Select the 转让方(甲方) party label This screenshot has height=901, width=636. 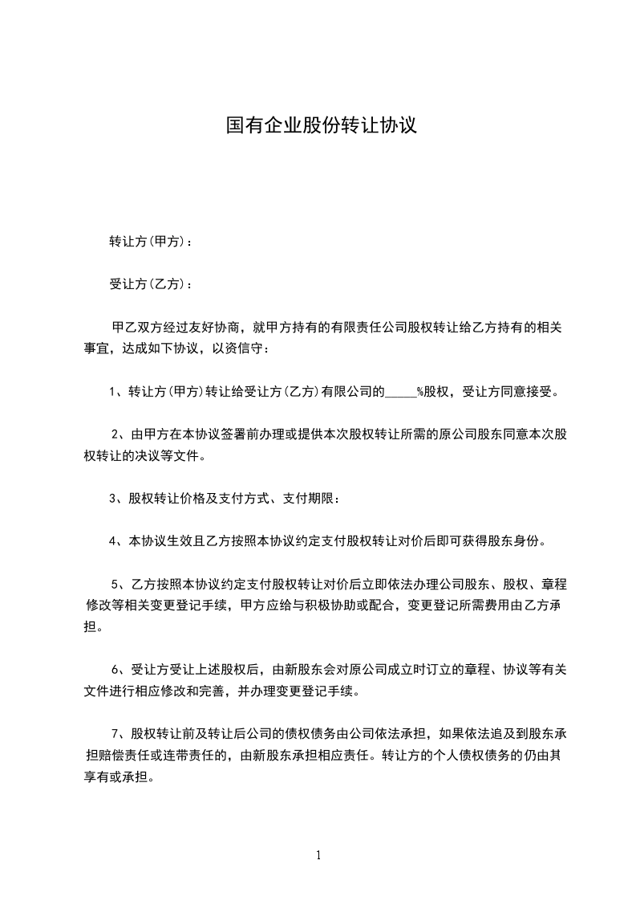click(148, 241)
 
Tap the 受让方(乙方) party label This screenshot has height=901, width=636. click(148, 284)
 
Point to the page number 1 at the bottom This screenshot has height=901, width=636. click(318, 855)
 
